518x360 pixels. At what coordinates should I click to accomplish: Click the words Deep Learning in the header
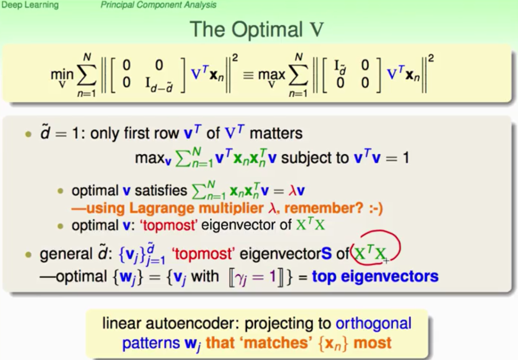pyautogui.click(x=30, y=5)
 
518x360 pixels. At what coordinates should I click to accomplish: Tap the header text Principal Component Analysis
pyautogui.click(x=158, y=5)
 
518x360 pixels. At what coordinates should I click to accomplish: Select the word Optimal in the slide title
pyautogui.click(x=267, y=30)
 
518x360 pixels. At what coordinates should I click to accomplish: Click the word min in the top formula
pyautogui.click(x=62, y=74)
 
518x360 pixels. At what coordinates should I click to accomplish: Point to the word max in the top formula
pyautogui.click(x=271, y=75)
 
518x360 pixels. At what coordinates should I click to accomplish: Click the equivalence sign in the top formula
pyautogui.click(x=248, y=75)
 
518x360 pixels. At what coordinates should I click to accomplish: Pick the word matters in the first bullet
pyautogui.click(x=276, y=134)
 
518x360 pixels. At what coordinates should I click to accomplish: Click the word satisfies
pyautogui.click(x=161, y=191)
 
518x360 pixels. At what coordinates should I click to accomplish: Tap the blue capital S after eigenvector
pyautogui.click(x=326, y=254)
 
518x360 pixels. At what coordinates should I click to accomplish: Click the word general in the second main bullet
pyautogui.click(x=66, y=254)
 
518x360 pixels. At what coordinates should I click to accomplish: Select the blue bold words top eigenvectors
pyautogui.click(x=375, y=276)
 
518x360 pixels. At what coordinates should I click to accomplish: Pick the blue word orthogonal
pyautogui.click(x=374, y=324)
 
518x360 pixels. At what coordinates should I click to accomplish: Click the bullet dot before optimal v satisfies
pyautogui.click(x=60, y=191)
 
